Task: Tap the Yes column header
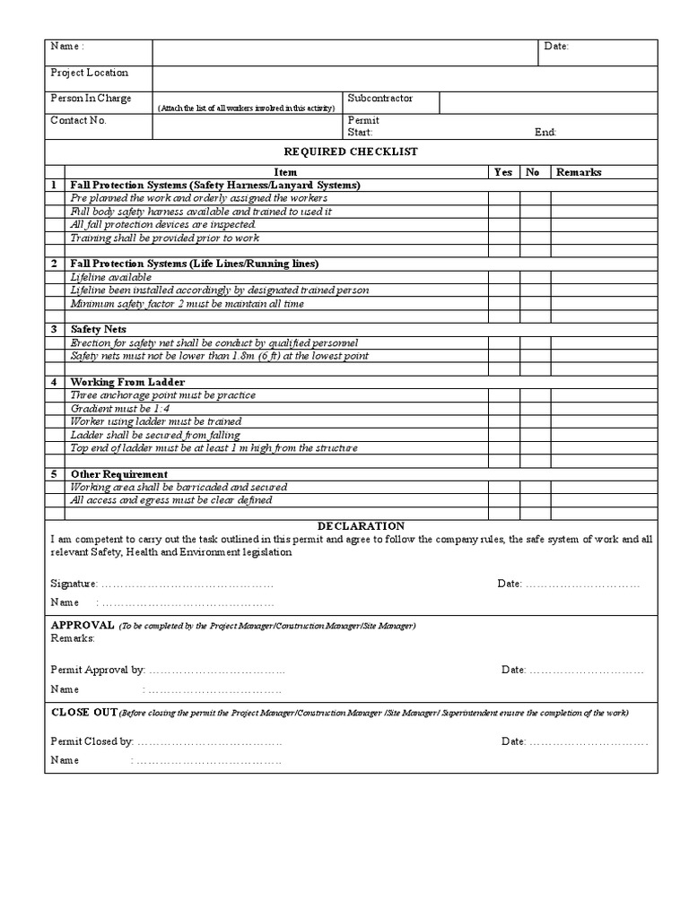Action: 503,172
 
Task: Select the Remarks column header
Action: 579,172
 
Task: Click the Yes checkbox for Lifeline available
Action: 503,277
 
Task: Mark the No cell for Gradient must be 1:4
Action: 535,408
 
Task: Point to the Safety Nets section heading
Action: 99,330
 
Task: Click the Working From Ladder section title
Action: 127,382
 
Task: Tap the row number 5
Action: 54,473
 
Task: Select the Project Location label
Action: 89,73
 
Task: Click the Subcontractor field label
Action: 380,99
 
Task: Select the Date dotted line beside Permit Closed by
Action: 587,741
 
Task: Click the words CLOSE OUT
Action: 84,712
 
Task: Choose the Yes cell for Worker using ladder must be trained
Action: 503,421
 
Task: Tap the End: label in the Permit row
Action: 545,132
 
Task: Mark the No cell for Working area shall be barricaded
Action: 535,487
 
